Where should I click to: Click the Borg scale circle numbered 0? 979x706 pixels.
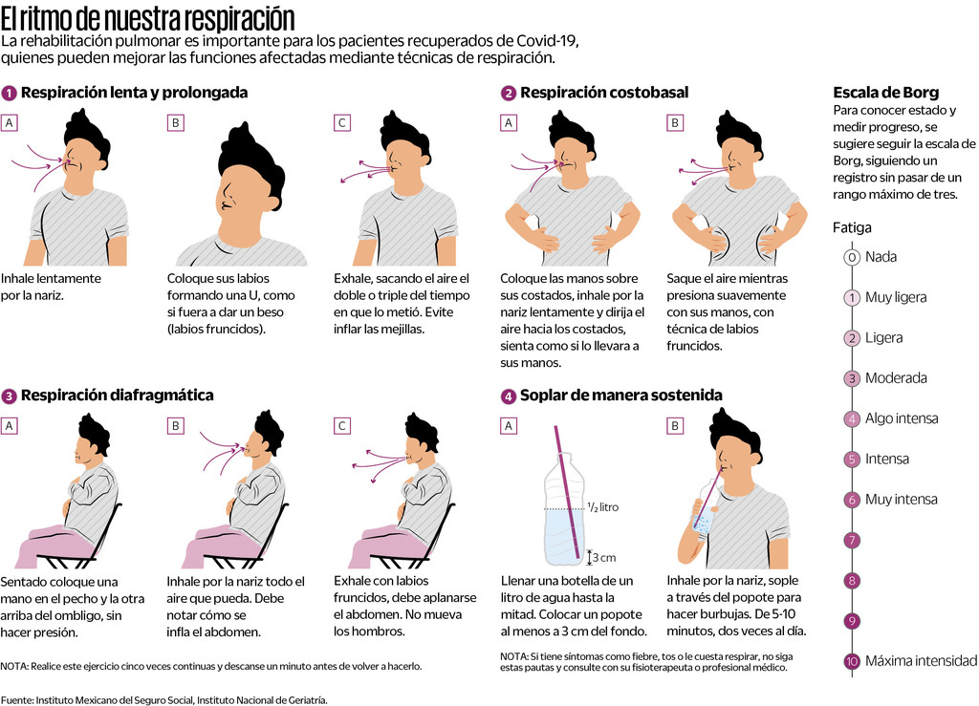click(852, 257)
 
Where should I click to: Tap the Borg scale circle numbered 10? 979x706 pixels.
click(852, 661)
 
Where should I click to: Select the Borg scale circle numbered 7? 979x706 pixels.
click(852, 540)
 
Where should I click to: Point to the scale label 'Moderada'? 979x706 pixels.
click(896, 378)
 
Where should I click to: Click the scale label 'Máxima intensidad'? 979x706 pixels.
click(921, 661)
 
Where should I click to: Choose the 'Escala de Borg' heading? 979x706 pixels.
click(886, 93)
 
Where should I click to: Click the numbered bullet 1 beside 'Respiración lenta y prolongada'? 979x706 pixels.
click(9, 94)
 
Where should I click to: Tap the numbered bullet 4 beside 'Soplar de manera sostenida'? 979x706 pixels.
click(509, 396)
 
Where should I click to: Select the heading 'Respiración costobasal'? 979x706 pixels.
click(604, 93)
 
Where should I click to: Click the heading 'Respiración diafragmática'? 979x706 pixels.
click(118, 396)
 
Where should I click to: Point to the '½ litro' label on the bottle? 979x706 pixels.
click(603, 507)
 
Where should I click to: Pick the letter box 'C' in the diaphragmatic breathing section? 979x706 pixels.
click(342, 426)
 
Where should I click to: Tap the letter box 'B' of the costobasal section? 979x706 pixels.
click(675, 123)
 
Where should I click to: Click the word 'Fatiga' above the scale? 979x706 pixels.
click(852, 227)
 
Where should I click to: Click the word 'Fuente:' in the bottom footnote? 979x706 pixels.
click(17, 700)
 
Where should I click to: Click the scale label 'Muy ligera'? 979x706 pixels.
click(896, 297)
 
